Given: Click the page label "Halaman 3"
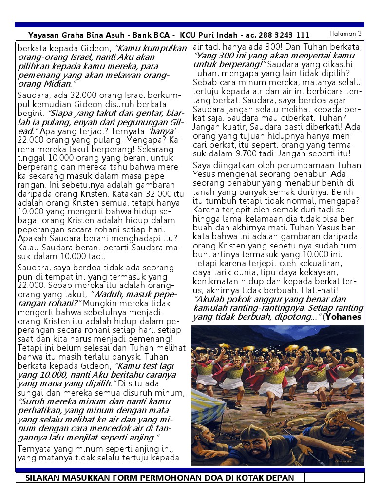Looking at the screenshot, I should [345, 34].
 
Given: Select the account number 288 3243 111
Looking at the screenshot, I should [284, 35].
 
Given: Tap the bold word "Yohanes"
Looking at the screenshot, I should [344, 317].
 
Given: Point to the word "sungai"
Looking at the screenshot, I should [31, 393].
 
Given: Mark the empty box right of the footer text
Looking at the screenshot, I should [334, 478].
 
